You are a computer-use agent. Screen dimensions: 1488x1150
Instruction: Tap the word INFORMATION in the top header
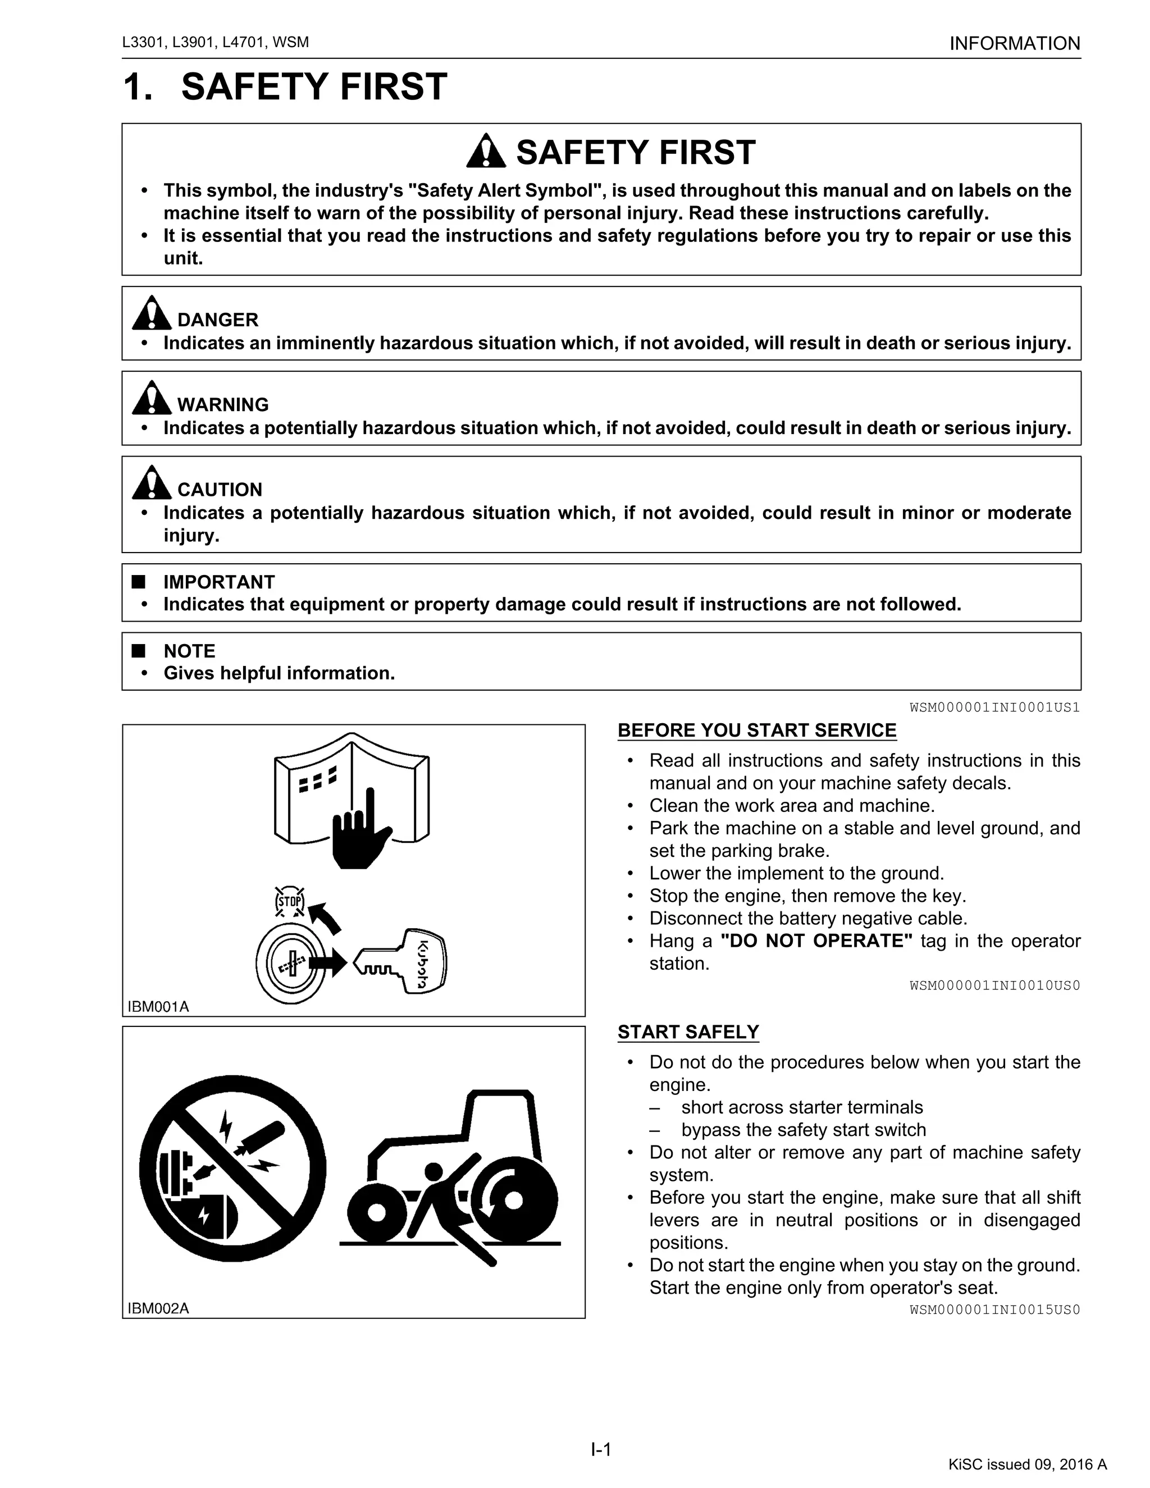tap(1015, 44)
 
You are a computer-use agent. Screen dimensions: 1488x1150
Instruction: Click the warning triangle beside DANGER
tap(151, 313)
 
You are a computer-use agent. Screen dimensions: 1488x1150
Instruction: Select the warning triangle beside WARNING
tap(151, 398)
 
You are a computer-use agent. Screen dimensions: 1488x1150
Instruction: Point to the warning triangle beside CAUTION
tap(151, 483)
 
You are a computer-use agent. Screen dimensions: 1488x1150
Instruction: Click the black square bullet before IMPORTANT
tap(139, 582)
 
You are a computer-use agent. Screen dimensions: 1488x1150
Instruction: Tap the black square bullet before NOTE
tap(139, 651)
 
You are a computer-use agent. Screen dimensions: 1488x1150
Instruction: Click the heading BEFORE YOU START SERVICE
tap(756, 731)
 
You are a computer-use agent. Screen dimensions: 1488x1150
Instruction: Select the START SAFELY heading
tap(688, 1032)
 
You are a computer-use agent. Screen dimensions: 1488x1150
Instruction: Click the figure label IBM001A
tap(158, 1006)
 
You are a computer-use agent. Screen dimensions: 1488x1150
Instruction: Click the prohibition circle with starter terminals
tap(232, 1169)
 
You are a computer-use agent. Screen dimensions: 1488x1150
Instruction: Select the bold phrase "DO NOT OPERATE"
tap(816, 941)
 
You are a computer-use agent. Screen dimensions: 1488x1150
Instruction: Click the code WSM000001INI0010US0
tap(994, 986)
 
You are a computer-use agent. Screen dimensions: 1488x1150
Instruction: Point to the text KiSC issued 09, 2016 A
tap(1028, 1465)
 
